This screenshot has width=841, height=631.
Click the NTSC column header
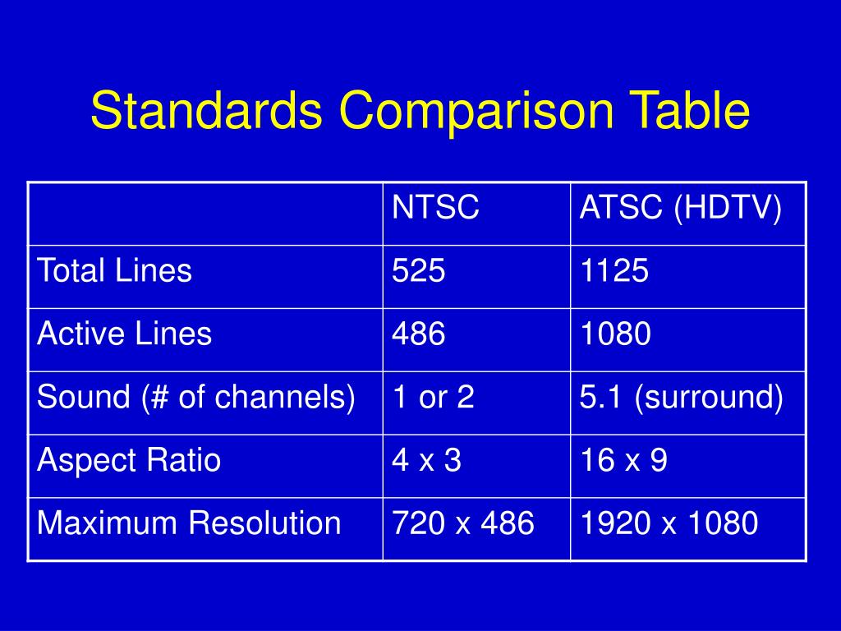click(435, 208)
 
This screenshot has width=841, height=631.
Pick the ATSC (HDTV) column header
click(680, 208)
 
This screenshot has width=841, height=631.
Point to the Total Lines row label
click(115, 270)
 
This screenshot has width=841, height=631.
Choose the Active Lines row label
click(125, 334)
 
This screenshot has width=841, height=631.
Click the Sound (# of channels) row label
click(196, 397)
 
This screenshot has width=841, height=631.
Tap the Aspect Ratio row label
click(129, 460)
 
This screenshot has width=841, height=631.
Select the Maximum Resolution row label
click(189, 523)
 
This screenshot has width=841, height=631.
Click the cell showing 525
click(419, 270)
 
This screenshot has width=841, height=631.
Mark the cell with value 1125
click(614, 270)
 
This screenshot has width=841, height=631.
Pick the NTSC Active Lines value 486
click(419, 334)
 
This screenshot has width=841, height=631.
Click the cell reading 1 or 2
click(433, 397)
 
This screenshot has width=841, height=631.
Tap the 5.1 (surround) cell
click(681, 397)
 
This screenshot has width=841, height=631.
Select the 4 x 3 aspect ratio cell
click(426, 460)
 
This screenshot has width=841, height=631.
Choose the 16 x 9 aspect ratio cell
click(623, 460)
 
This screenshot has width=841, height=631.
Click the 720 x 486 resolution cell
click(463, 523)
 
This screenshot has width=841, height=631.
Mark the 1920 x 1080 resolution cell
click(669, 523)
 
